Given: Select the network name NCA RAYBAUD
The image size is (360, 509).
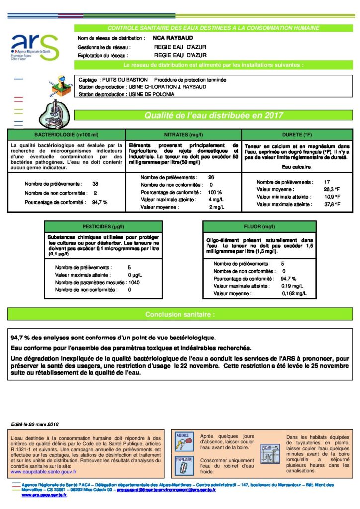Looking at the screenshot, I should pyautogui.click(x=166, y=37).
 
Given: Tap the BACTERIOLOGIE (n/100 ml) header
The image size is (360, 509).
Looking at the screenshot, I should pyautogui.click(x=66, y=134).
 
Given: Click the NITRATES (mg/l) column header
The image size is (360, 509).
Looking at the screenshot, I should pyautogui.click(x=183, y=134).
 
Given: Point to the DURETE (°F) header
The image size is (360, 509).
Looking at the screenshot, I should pyautogui.click(x=297, y=134).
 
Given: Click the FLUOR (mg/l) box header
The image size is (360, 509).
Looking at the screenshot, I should pyautogui.click(x=259, y=226).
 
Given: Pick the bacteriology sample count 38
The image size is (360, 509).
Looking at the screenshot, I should pyautogui.click(x=95, y=183).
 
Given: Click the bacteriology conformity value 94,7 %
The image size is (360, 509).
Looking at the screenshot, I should pyautogui.click(x=100, y=202).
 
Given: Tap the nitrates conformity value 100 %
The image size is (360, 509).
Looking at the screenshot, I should pyautogui.click(x=215, y=192).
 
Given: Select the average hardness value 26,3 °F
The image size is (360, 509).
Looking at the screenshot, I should pyautogui.click(x=332, y=189).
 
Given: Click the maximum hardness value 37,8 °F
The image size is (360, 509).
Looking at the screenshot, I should pyautogui.click(x=332, y=204).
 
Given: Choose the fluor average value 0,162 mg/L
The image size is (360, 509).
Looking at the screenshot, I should pyautogui.click(x=294, y=294).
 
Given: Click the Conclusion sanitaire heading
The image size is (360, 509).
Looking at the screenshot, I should pyautogui.click(x=180, y=314).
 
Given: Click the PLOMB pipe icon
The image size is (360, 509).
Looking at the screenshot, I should pyautogui.click(x=269, y=453).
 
